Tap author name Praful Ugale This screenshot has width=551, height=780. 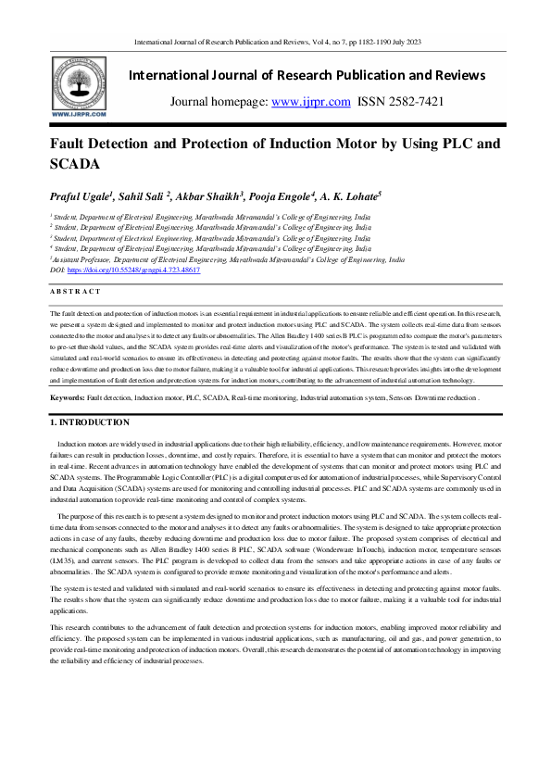tap(82, 198)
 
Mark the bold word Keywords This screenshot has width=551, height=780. tap(67, 396)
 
